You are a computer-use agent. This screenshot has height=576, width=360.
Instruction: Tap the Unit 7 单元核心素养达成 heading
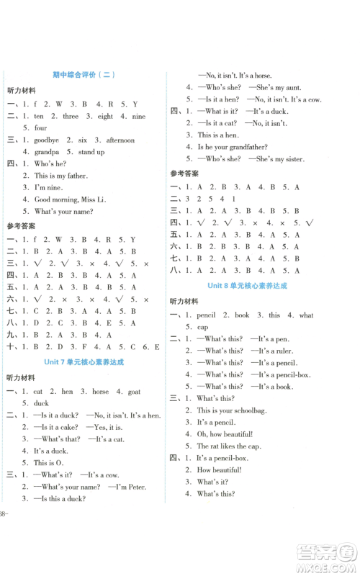point(84,362)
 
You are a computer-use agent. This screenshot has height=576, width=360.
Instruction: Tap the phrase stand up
point(91,152)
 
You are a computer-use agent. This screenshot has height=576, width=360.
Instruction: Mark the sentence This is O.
point(50,463)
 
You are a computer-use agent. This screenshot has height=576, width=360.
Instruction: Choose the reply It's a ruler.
point(273,351)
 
